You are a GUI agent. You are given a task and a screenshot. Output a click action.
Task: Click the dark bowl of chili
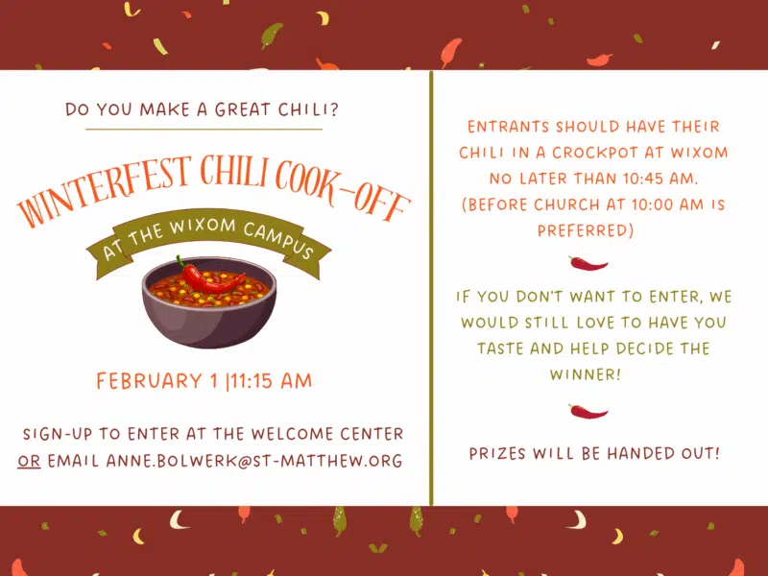coord(209,302)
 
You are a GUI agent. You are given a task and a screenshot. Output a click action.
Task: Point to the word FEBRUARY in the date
coord(150,381)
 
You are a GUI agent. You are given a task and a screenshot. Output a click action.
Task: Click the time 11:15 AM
coord(272,381)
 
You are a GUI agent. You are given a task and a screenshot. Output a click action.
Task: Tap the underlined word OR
coord(29,461)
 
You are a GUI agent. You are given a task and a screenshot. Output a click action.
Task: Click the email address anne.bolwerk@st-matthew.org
coord(254,461)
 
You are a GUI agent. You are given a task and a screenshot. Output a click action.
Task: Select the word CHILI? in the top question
coord(308,109)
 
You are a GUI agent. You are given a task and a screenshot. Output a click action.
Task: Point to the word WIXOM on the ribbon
coord(203,227)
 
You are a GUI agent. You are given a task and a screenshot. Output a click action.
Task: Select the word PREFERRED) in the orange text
coord(586,230)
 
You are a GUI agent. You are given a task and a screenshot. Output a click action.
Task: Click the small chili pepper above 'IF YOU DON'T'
coord(588,263)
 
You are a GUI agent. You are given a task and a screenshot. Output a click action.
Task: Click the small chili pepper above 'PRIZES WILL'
coord(588,412)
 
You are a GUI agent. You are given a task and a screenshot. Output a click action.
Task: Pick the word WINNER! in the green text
coord(586,374)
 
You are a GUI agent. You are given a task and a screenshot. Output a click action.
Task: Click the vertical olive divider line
coord(431,288)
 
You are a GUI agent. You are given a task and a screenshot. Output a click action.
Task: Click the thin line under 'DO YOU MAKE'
coord(204,130)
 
